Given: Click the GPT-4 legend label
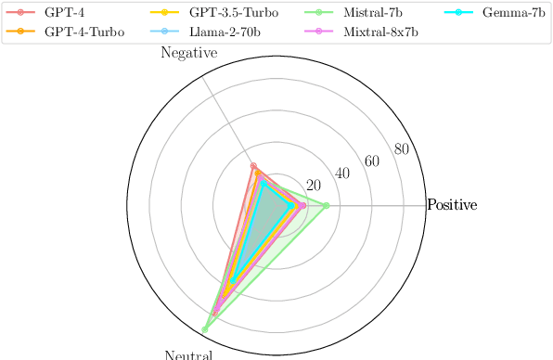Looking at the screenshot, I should tap(62, 14).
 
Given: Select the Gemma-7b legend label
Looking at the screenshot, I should tap(514, 14).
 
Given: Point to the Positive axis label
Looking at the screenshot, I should tap(452, 205).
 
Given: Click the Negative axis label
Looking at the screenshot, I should tap(189, 54).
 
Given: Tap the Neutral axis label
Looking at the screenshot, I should tap(189, 354).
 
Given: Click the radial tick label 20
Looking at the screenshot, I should tap(314, 184).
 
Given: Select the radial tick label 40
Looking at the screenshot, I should tap(342, 174).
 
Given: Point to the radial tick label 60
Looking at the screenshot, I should tap(372, 161).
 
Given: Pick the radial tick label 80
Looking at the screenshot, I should tap(401, 150).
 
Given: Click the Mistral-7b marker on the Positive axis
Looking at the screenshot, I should tap(326, 205).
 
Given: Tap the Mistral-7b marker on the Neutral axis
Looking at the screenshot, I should tap(205, 329).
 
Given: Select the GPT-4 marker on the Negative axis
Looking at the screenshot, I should tap(253, 166).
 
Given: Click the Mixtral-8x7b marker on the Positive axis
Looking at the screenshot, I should tap(302, 205).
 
